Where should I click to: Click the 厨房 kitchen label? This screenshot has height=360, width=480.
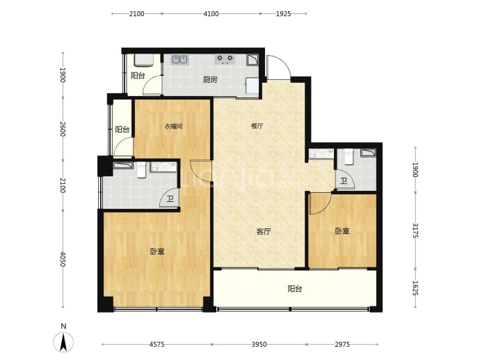[210, 80]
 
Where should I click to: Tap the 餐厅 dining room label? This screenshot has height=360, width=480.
[257, 125]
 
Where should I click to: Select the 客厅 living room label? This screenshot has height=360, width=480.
[264, 231]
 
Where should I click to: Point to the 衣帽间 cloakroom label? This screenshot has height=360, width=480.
[174, 126]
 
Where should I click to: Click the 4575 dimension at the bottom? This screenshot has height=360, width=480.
[157, 345]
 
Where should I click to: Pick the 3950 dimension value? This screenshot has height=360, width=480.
[259, 345]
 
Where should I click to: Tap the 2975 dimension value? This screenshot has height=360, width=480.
[342, 345]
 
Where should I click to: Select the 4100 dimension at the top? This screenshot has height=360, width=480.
[211, 14]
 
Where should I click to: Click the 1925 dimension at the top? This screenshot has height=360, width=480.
[283, 14]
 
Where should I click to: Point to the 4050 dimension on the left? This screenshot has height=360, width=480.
[63, 259]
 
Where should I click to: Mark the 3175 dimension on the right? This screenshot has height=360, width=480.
[415, 230]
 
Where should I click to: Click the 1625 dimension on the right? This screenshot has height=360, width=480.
[415, 288]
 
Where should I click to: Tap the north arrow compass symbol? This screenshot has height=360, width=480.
[63, 342]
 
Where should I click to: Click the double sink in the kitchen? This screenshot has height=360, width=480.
[179, 59]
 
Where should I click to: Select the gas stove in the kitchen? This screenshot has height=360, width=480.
[225, 59]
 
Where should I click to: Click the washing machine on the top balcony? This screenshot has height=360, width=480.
[143, 61]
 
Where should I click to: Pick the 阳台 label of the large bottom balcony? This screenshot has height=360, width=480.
[295, 289]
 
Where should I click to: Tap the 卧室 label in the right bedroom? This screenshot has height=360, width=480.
[342, 231]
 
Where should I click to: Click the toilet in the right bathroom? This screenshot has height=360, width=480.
[349, 156]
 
